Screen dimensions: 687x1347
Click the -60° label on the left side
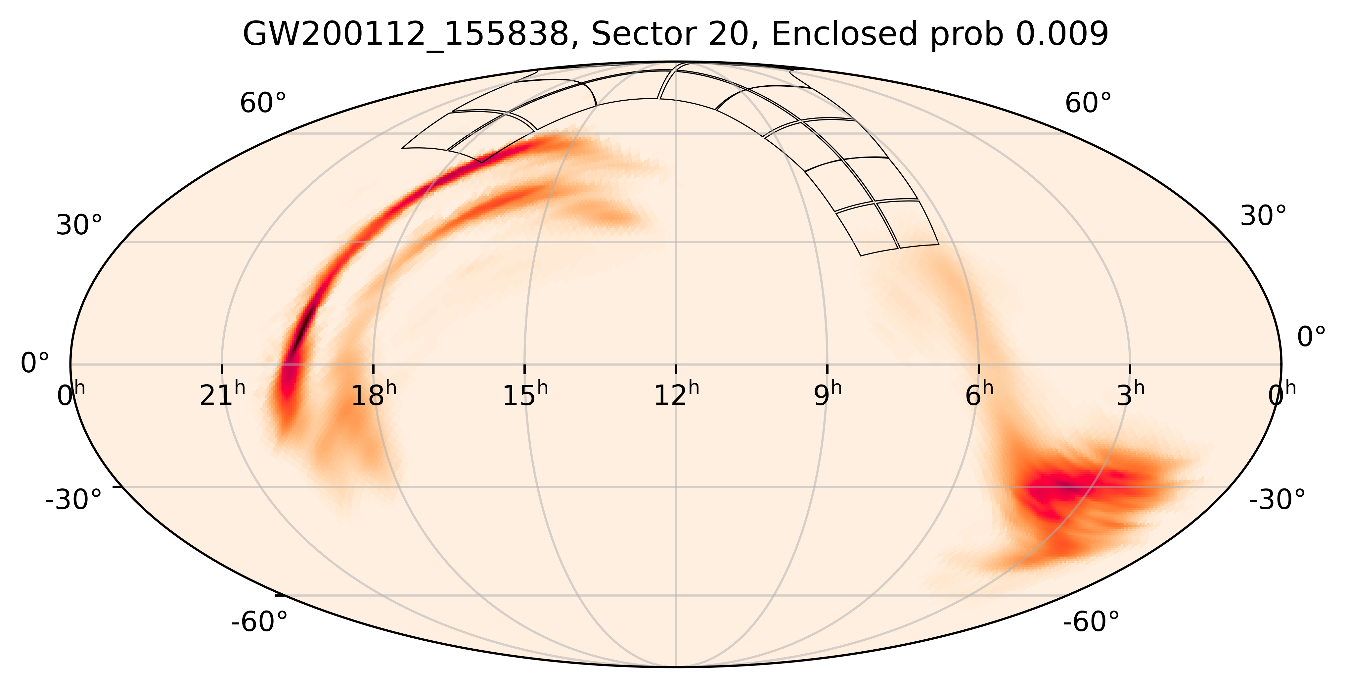259,622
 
